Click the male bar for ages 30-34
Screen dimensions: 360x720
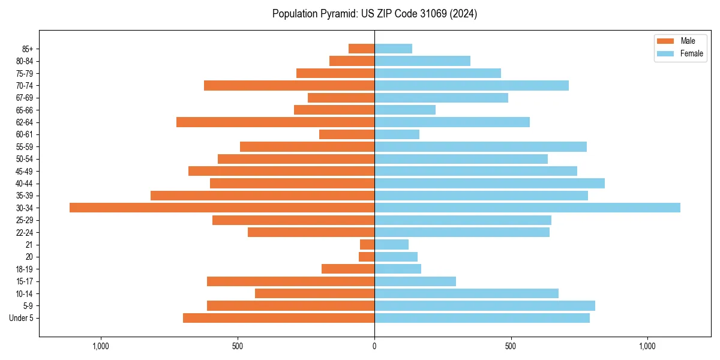coord(222,208)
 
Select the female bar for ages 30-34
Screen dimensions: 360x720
coord(527,208)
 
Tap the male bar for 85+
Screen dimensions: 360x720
coord(361,49)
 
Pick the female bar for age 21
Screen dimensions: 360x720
coord(391,244)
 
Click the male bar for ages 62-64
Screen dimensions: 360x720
coord(275,122)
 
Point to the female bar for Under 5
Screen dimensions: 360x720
coord(482,318)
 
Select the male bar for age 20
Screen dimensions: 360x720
coord(367,257)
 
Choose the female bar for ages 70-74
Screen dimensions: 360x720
coord(471,85)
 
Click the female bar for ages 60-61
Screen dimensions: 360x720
coord(397,134)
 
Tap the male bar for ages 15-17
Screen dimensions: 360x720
coord(290,281)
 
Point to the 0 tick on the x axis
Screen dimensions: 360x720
coord(374,346)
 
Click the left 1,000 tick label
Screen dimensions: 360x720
coord(101,346)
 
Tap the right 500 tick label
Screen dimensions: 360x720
coord(511,346)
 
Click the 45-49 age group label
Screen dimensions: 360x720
coord(24,171)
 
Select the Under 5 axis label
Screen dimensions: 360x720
coord(22,318)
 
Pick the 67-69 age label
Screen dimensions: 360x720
coord(24,98)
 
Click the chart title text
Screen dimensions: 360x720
coord(374,14)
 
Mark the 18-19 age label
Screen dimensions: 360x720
coord(24,269)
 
